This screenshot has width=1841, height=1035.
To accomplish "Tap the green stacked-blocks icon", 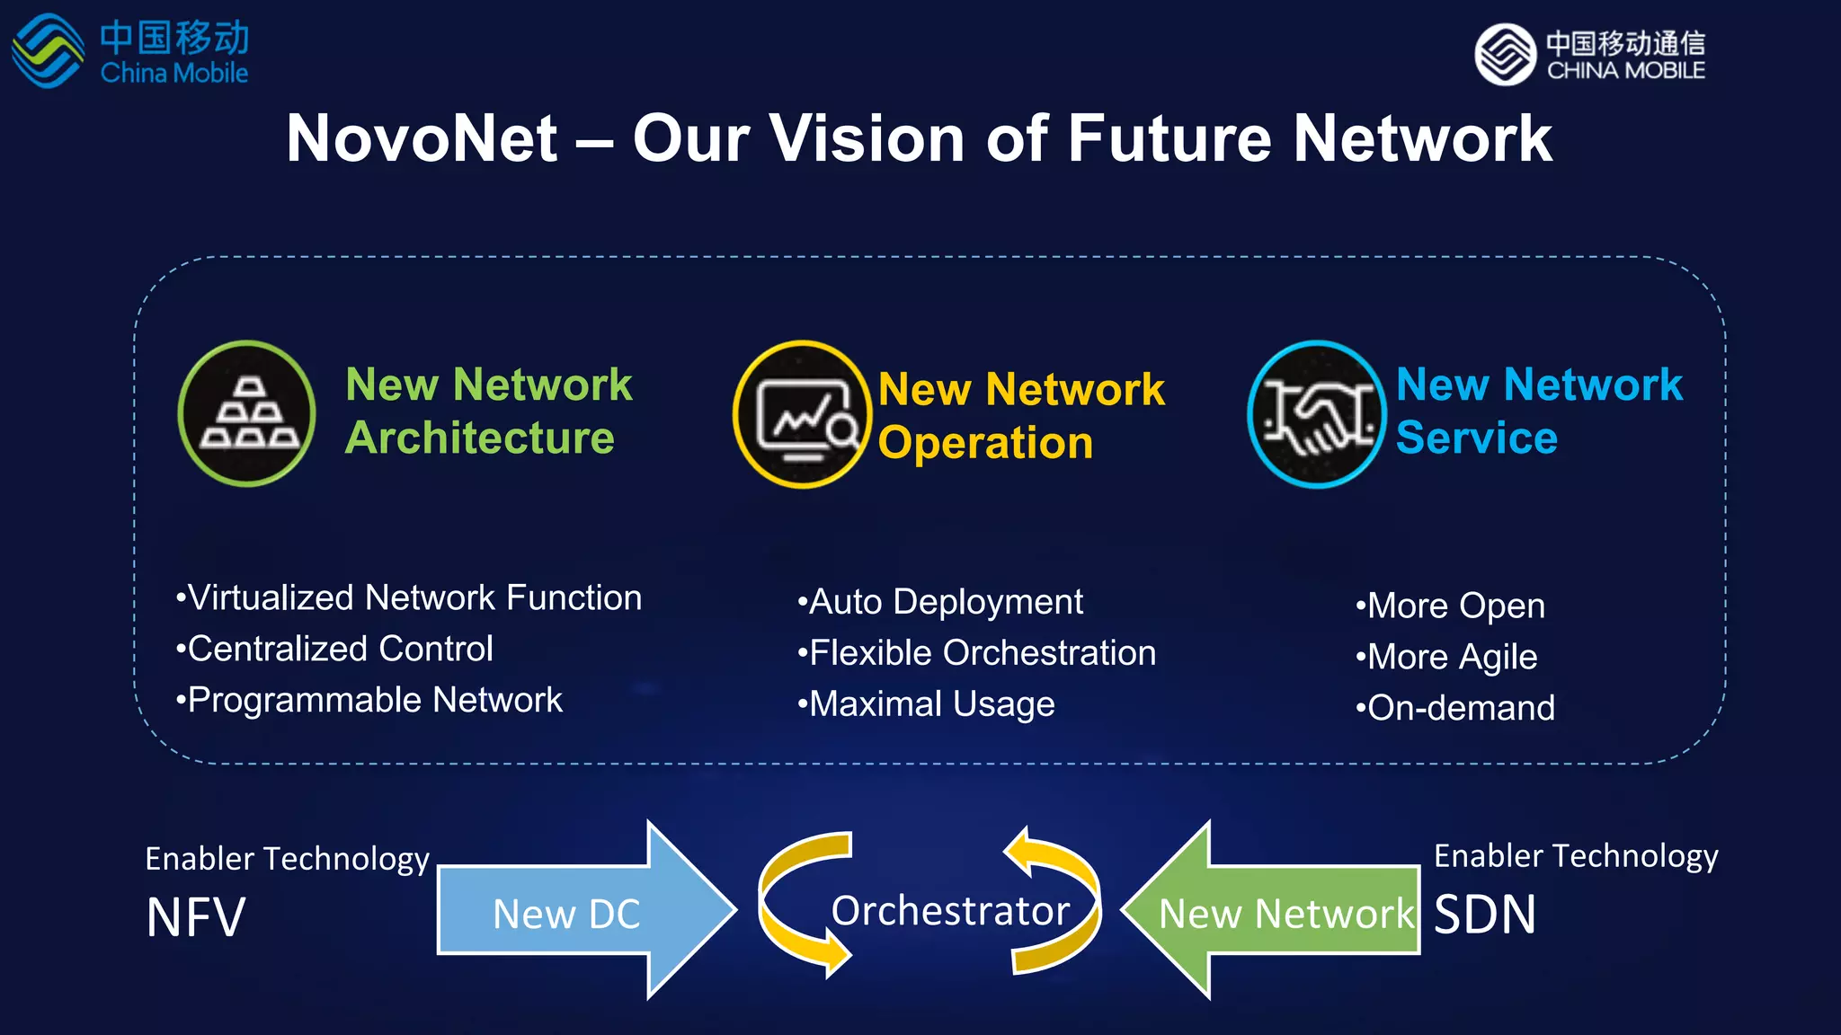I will coord(247,414).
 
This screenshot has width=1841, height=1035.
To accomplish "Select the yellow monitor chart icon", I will coord(802,414).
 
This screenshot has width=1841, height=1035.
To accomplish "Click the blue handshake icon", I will coord(1317,414).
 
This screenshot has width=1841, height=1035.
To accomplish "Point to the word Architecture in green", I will coord(480,438).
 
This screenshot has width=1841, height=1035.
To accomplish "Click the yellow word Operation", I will coord(985,443).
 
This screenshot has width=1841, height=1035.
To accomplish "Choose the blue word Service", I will coord(1476,438).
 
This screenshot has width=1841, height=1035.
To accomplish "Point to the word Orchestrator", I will coord(950,911).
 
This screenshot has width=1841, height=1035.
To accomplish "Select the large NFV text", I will coord(196,917).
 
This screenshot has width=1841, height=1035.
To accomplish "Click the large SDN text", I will coord(1485,915).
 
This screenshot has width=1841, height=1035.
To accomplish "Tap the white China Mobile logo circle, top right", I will coord(1505,55).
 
